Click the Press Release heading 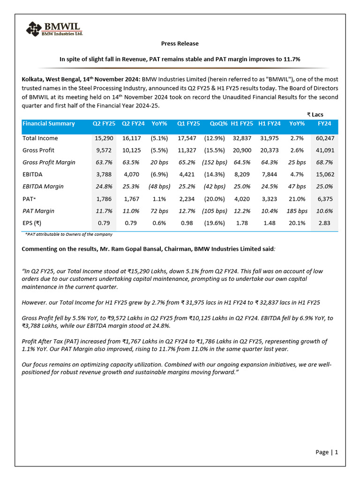tap(180, 44)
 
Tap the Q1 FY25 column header tap(188, 124)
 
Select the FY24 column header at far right tap(324, 124)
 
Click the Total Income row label tap(40, 138)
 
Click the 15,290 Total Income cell tap(104, 138)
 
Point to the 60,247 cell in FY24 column tap(325, 138)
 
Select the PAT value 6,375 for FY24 tap(325, 199)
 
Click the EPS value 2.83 tap(325, 223)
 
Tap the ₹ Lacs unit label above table tap(315, 114)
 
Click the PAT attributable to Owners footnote tap(68, 234)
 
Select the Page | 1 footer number tap(327, 452)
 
